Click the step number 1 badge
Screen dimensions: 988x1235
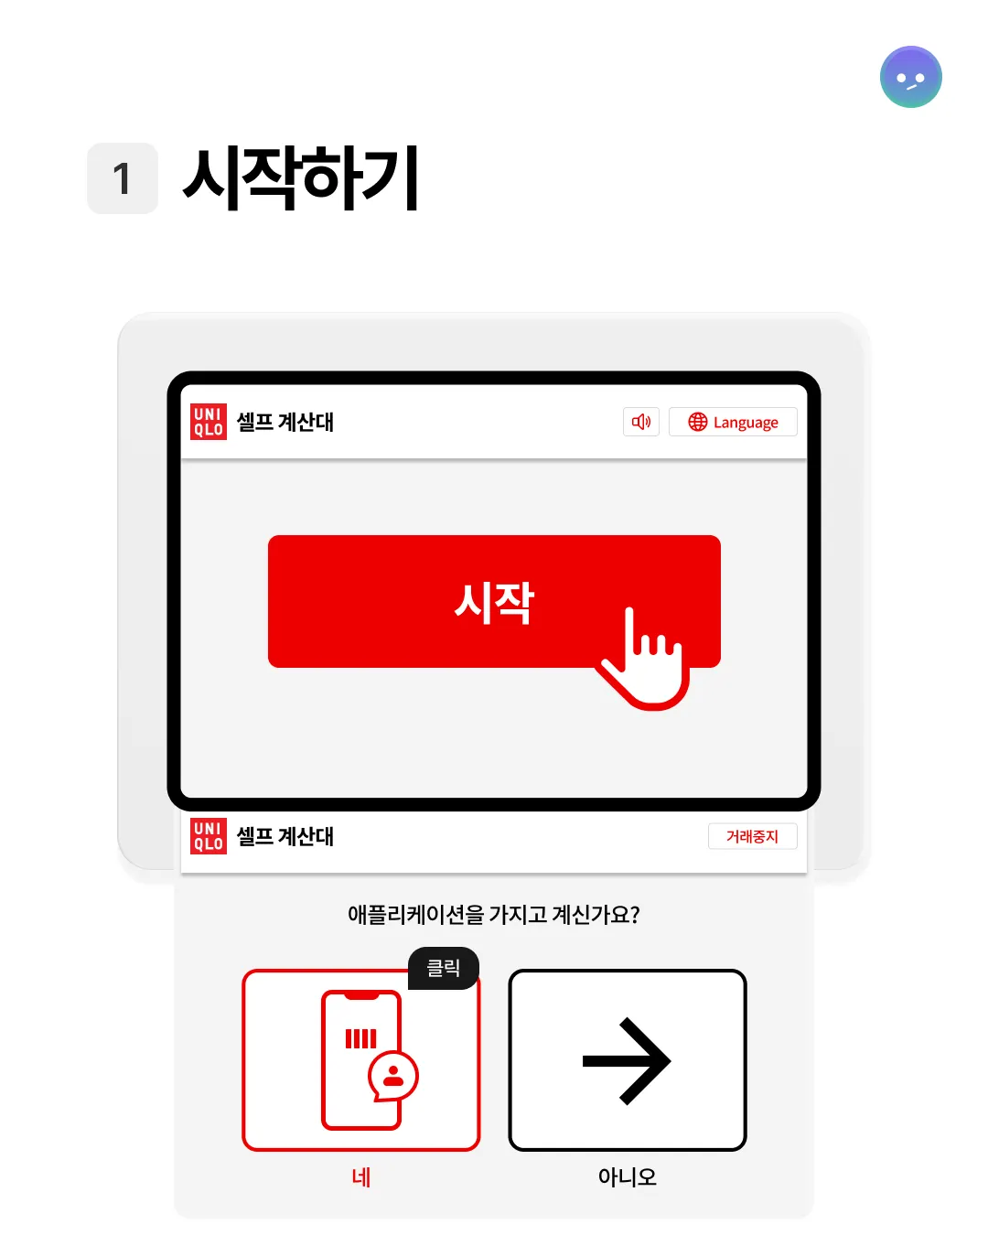[x=123, y=178]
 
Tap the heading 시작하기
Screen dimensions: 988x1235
[x=301, y=177]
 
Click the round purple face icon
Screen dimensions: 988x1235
[x=910, y=77]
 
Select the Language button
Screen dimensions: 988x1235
[x=733, y=422]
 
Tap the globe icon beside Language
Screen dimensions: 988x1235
[x=697, y=422]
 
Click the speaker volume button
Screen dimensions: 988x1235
[x=640, y=422]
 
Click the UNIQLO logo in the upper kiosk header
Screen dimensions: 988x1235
[x=209, y=422]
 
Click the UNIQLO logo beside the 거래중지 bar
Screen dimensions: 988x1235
[x=209, y=836]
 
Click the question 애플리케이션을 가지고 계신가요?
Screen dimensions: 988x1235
[x=494, y=914]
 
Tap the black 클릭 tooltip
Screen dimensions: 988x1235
[x=443, y=968]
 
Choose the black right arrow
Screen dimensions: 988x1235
[x=627, y=1061]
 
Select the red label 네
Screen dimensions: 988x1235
[x=361, y=1177]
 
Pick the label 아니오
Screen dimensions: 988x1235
[x=627, y=1177]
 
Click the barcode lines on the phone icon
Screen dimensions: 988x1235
[x=360, y=1038]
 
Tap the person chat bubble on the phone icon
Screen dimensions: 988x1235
[x=393, y=1076]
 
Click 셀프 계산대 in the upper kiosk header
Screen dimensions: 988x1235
[x=285, y=422]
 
